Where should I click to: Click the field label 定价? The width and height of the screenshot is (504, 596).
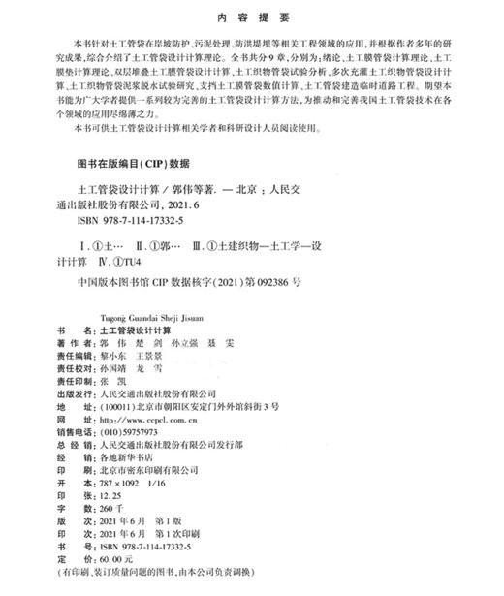[69, 560]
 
